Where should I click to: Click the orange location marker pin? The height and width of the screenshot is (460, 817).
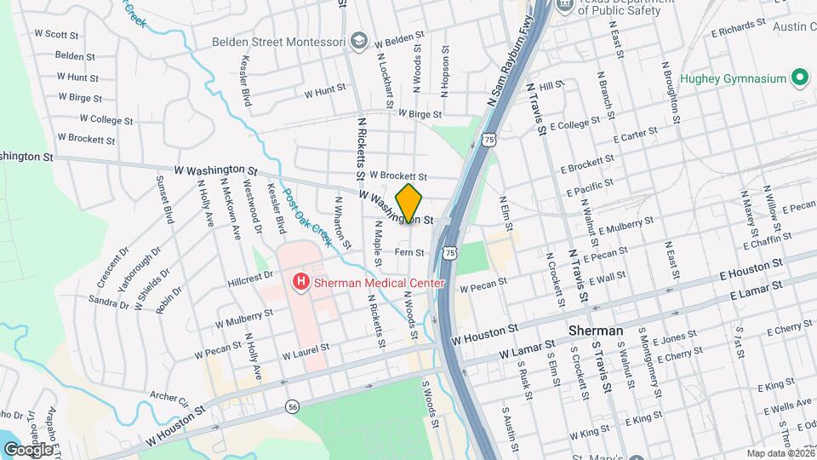(409, 204)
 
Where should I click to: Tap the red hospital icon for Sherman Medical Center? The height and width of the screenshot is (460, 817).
(300, 281)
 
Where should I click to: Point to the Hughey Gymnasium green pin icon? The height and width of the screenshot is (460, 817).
(799, 79)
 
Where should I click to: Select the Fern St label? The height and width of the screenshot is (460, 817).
(409, 252)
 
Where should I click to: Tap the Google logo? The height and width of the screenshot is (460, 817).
(28, 448)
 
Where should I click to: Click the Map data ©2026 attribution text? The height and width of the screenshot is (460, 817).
(780, 453)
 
